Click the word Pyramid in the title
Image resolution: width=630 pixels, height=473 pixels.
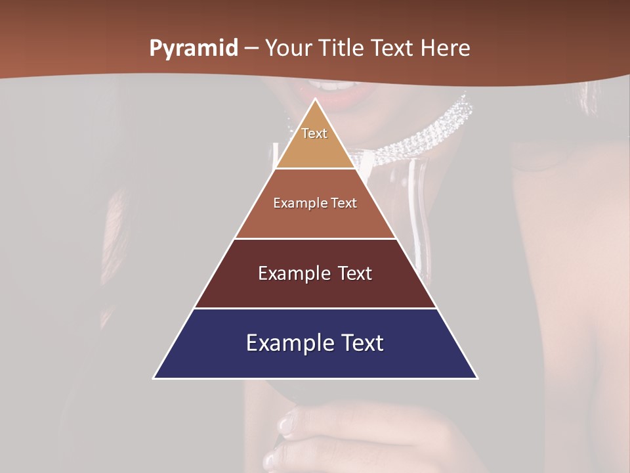coord(194,49)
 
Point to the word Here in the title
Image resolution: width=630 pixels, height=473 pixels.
coord(446,49)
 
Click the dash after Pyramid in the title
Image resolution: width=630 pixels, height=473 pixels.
coord(251,49)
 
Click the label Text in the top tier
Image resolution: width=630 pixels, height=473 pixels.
coord(314,133)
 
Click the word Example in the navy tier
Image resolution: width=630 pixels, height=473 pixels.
coord(289,343)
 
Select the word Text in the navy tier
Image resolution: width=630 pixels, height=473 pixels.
coord(360,343)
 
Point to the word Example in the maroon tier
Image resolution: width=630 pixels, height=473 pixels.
coord(292,273)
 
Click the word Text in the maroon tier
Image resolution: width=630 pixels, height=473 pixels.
coord(354,273)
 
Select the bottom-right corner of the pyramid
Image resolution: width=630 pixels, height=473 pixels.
coord(476,378)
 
